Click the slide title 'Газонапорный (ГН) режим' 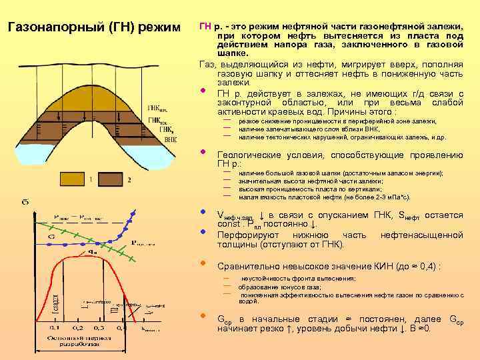94,29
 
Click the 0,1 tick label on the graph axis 54,327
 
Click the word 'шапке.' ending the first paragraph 233,53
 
